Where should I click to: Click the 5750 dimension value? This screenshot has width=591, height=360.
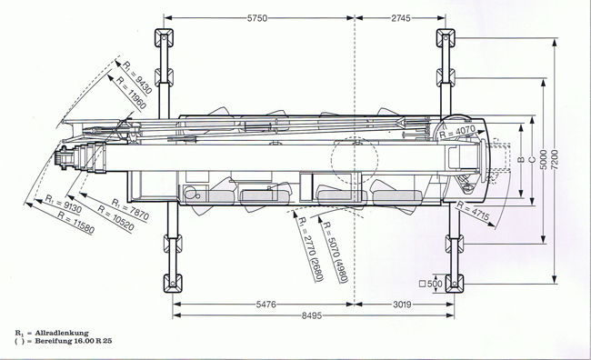point(257,18)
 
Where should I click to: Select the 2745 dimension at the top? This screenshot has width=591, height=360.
point(401,18)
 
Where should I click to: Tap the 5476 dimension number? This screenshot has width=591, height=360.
point(266,305)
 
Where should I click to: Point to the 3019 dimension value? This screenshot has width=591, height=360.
point(403,305)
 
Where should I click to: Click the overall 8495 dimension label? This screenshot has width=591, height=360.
point(312,315)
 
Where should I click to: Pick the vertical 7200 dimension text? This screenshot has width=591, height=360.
point(555,159)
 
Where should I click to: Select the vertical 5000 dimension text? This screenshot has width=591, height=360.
point(543,159)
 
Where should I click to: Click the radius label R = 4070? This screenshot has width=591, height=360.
point(457,132)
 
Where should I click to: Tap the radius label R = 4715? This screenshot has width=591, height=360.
point(473,211)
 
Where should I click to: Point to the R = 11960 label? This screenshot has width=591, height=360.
point(131,93)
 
